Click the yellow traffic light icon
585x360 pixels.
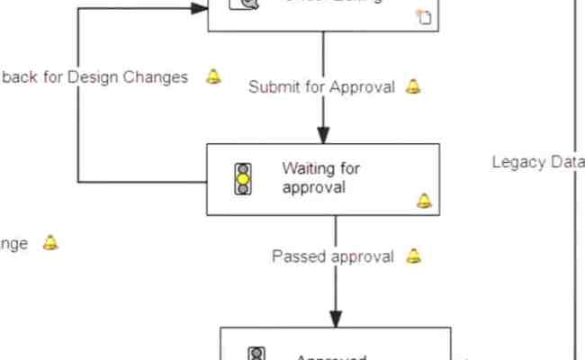[243, 179]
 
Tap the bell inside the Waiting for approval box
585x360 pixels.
[424, 200]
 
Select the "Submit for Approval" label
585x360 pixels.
[321, 87]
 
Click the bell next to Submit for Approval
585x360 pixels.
[413, 86]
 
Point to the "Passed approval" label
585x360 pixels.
[333, 256]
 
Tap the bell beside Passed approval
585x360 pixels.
[413, 256]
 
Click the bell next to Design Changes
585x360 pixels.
[213, 76]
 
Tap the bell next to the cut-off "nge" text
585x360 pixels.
[50, 243]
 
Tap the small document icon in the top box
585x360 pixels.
[424, 15]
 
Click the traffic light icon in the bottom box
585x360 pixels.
[256, 354]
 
